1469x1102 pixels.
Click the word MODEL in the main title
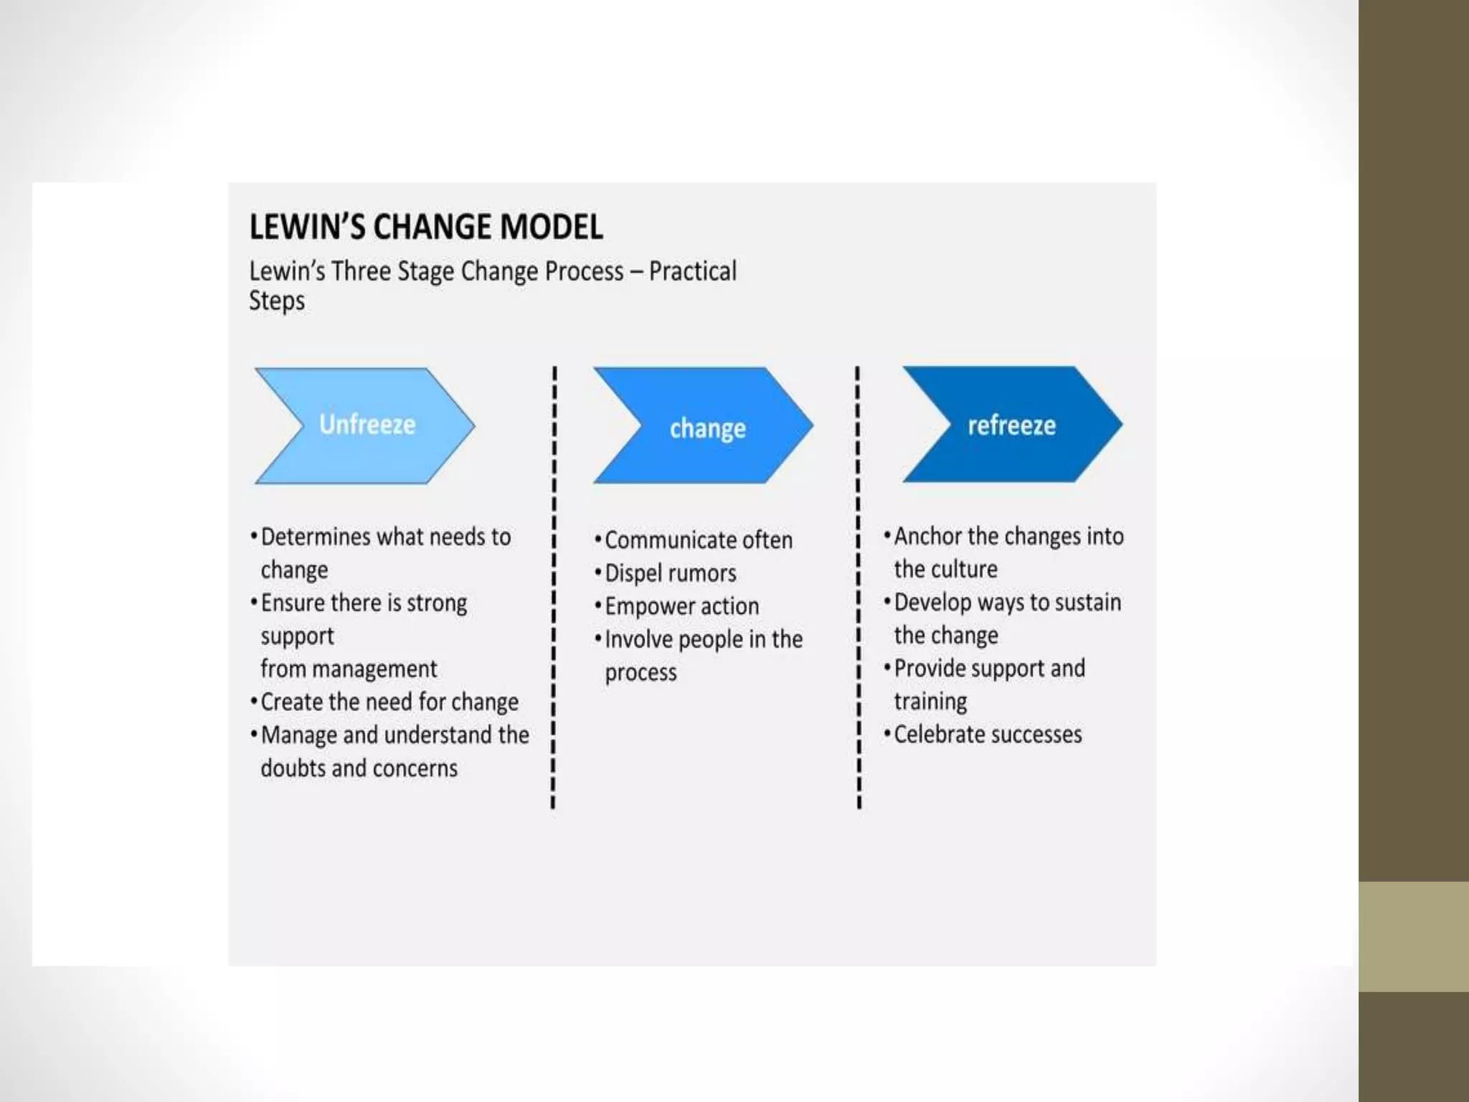point(551,227)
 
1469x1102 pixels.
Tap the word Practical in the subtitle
point(692,271)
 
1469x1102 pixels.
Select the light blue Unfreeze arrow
point(366,425)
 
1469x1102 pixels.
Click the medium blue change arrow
point(706,426)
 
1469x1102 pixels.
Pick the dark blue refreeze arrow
point(1011,425)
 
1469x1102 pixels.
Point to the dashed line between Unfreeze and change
point(554,588)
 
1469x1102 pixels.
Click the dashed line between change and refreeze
point(858,588)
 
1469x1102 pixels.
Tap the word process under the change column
point(641,673)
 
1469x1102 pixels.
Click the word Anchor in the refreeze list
point(927,536)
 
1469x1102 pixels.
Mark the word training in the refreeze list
point(930,702)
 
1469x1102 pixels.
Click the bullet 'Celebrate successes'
point(987,735)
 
